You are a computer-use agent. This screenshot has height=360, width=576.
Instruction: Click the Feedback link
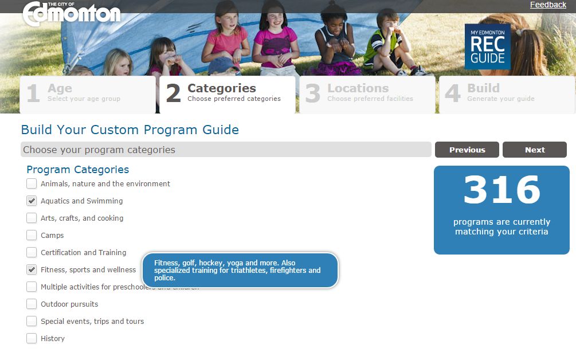click(x=547, y=5)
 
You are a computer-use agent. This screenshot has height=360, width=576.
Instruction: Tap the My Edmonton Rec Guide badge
click(x=487, y=46)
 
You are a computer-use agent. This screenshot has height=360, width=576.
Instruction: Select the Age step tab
click(x=87, y=93)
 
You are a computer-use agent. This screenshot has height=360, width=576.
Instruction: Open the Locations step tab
click(x=367, y=93)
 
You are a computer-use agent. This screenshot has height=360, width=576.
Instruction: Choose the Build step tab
click(x=507, y=93)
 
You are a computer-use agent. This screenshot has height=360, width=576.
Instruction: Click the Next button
click(x=534, y=150)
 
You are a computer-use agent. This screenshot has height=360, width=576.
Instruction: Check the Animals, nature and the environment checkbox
click(x=32, y=184)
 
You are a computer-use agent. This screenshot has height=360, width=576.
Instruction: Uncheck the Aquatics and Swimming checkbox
click(x=32, y=201)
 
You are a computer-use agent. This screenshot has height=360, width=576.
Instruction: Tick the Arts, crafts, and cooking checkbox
click(x=32, y=218)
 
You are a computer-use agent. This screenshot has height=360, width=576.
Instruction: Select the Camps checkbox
click(x=32, y=236)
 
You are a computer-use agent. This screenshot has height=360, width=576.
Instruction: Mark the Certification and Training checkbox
click(x=32, y=253)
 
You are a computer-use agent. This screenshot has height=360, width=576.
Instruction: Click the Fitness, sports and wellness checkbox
click(x=32, y=270)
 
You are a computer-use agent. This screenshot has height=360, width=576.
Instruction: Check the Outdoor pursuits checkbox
click(x=32, y=304)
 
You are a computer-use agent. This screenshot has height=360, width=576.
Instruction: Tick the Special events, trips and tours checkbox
click(x=32, y=322)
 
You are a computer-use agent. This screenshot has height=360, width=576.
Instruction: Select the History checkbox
click(x=32, y=339)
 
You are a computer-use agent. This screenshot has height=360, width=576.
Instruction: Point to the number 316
click(x=501, y=190)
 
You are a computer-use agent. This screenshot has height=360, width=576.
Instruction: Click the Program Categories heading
click(x=77, y=170)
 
